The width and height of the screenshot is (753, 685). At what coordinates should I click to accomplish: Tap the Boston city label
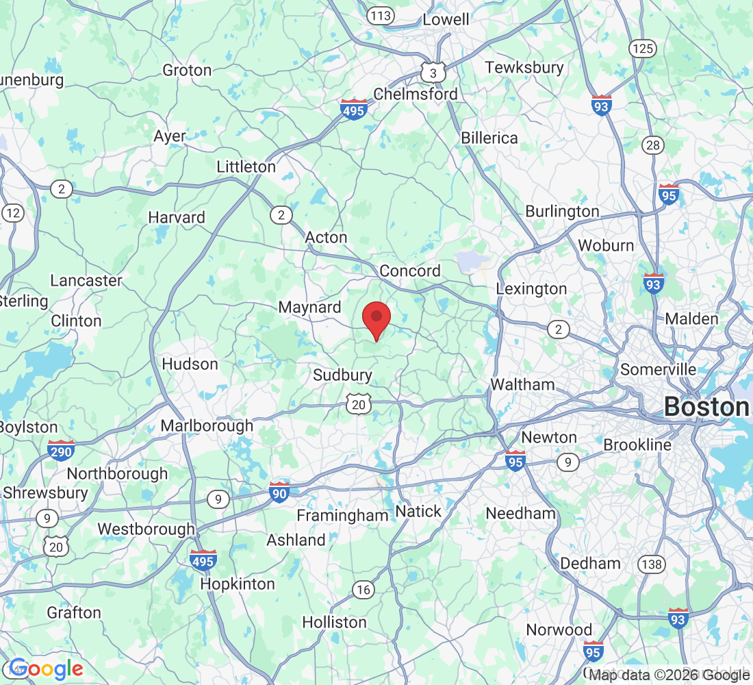(x=707, y=407)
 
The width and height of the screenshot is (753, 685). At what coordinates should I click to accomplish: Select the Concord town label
(x=410, y=271)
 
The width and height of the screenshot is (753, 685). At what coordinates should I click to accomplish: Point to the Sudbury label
(x=342, y=375)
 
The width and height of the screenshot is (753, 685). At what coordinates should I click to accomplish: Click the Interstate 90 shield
(x=279, y=492)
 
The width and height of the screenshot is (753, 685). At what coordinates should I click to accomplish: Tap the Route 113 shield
(x=380, y=14)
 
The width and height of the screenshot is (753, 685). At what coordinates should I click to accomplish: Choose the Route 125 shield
(x=643, y=48)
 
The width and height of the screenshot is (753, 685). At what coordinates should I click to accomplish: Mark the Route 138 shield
(x=651, y=564)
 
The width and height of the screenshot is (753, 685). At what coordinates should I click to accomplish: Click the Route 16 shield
(x=363, y=589)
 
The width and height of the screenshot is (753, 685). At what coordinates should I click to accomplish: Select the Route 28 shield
(x=654, y=145)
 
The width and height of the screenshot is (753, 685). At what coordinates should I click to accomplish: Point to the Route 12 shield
(x=12, y=212)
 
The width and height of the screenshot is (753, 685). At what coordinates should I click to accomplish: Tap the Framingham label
(x=342, y=515)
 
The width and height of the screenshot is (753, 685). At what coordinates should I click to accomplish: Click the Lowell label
(x=446, y=19)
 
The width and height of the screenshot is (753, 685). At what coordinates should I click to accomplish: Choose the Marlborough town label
(x=207, y=425)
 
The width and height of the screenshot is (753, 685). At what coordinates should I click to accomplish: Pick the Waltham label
(x=522, y=384)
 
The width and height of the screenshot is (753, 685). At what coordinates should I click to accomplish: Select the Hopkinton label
(x=238, y=584)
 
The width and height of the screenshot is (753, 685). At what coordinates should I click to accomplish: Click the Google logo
(x=47, y=669)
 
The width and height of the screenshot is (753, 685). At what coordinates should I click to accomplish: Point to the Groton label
(x=187, y=70)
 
